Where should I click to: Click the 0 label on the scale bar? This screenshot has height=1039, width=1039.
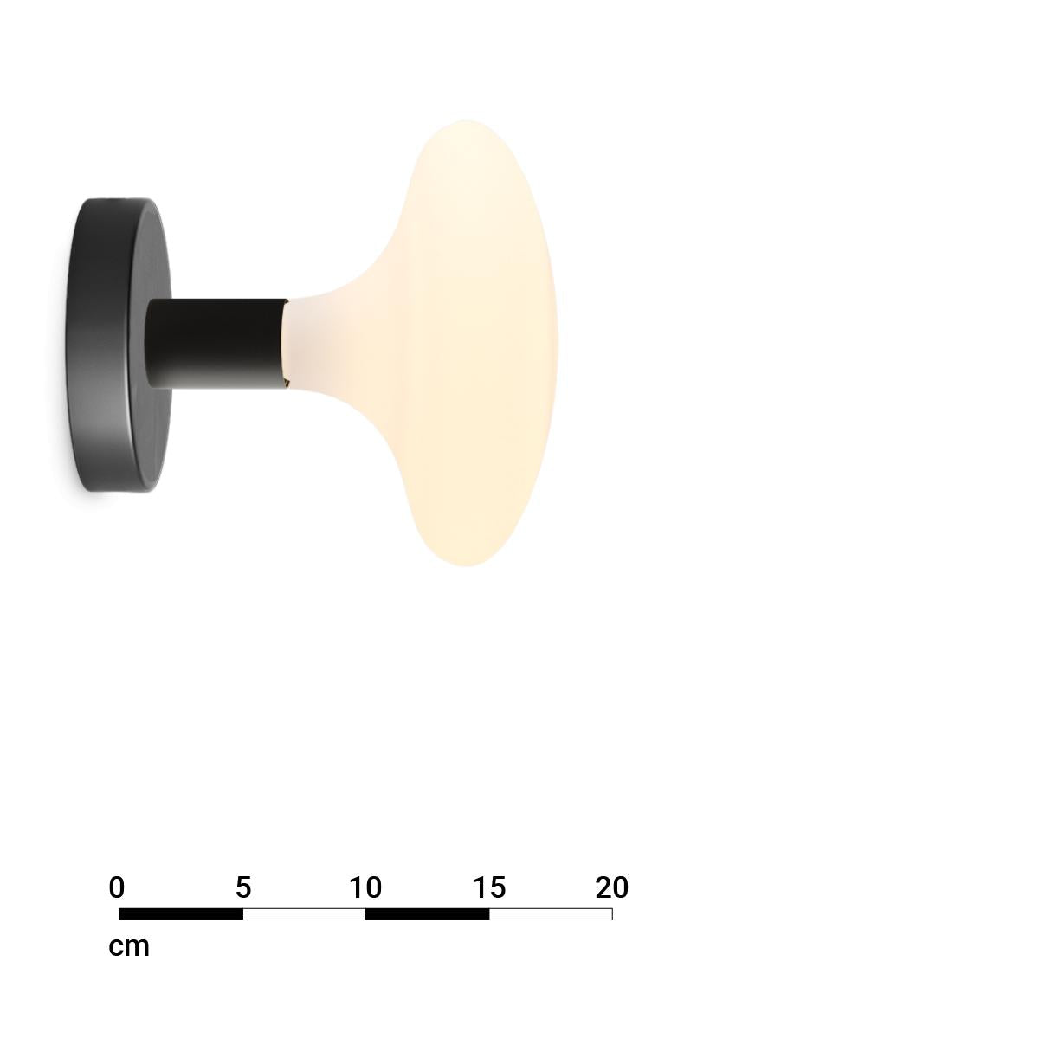point(117,887)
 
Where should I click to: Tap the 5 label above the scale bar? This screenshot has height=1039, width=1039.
point(243,887)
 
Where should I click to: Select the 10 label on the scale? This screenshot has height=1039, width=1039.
point(365,887)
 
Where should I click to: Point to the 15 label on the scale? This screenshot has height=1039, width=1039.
point(489,887)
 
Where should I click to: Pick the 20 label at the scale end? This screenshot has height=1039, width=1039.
point(612,887)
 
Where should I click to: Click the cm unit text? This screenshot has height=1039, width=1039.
point(129,947)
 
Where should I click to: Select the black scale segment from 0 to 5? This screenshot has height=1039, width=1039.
point(181,914)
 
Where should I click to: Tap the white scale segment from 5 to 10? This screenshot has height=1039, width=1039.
point(304,914)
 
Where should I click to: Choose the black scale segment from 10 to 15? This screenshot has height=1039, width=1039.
point(428,914)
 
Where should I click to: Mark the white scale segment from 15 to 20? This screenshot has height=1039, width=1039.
point(551,914)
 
